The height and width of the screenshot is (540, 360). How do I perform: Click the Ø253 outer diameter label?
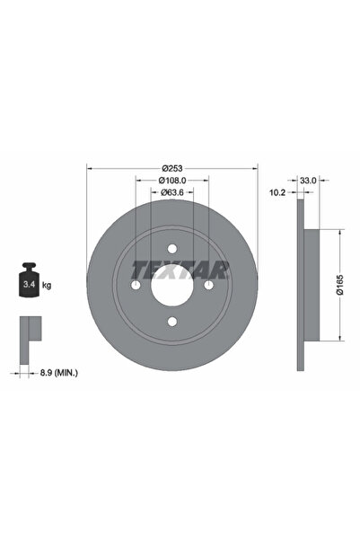tap(172, 168)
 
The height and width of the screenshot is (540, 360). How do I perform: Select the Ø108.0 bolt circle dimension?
tap(172, 180)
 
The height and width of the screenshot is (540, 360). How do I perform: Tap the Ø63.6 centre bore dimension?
tap(172, 191)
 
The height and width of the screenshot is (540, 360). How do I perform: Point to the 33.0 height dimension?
tap(307, 180)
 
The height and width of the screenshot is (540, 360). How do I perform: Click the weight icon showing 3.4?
tap(28, 282)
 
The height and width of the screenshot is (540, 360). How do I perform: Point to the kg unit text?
tap(47, 285)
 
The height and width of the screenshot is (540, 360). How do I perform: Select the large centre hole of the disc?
tap(172, 285)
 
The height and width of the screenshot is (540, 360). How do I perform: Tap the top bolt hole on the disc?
tap(172, 249)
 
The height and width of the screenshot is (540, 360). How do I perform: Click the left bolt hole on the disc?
tap(136, 285)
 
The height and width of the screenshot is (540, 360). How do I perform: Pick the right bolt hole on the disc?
tap(208, 285)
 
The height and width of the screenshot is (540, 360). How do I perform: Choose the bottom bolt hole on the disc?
tap(172, 321)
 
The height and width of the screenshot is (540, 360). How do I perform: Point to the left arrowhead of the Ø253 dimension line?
tap(90, 168)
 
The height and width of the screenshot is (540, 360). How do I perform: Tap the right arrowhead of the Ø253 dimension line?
tap(255, 168)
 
